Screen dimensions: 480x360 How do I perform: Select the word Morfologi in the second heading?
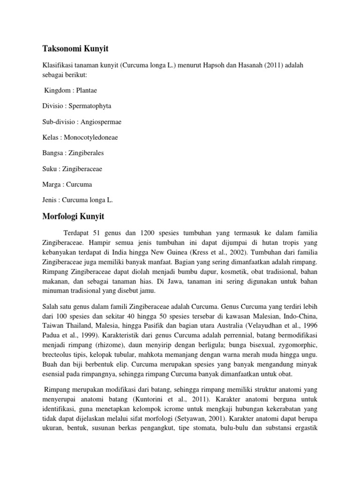click(x=59, y=217)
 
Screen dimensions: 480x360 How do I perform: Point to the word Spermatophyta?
click(x=91, y=105)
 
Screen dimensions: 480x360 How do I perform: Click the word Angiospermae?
click(x=100, y=121)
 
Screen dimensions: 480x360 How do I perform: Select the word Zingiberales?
click(x=86, y=153)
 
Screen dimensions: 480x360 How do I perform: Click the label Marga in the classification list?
click(x=51, y=184)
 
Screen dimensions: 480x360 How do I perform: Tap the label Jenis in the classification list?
click(x=50, y=200)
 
